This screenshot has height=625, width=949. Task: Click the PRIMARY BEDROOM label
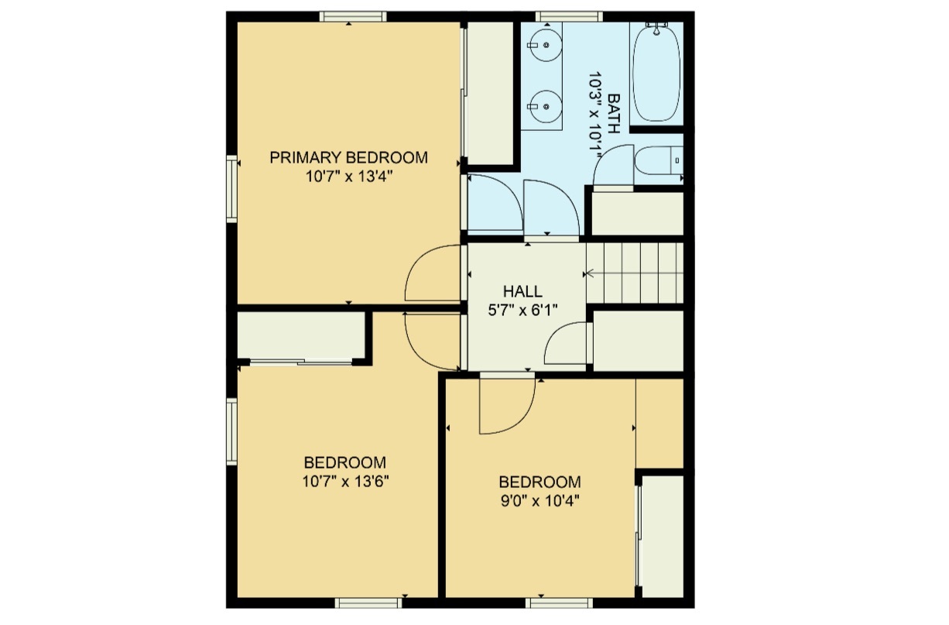348,158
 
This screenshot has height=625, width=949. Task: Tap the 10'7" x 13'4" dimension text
348,177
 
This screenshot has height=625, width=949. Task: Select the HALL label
522,292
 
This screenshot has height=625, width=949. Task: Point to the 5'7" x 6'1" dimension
522,310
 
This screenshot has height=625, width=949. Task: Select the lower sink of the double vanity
546,102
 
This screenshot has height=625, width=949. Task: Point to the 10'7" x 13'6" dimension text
345,481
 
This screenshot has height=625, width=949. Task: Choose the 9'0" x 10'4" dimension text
540,500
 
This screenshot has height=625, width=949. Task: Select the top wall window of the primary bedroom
353,16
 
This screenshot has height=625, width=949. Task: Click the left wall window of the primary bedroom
231,189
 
